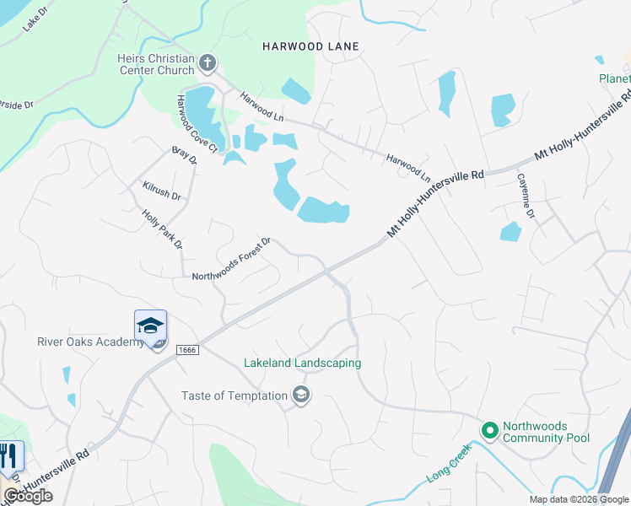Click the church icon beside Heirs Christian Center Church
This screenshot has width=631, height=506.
point(208,62)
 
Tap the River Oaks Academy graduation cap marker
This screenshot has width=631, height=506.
point(151,326)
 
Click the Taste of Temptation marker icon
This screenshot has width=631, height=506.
point(301,395)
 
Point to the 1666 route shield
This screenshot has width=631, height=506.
point(187,349)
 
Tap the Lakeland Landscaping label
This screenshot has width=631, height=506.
point(302,363)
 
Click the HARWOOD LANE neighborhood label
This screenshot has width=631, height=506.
point(310,46)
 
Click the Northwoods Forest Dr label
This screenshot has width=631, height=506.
point(230,260)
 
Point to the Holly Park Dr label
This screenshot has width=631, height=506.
point(163,229)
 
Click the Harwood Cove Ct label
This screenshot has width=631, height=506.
point(196,123)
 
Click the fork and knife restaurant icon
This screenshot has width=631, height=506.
point(11,456)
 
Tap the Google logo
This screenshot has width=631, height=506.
point(28,496)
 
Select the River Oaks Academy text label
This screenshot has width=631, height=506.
point(90,342)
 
